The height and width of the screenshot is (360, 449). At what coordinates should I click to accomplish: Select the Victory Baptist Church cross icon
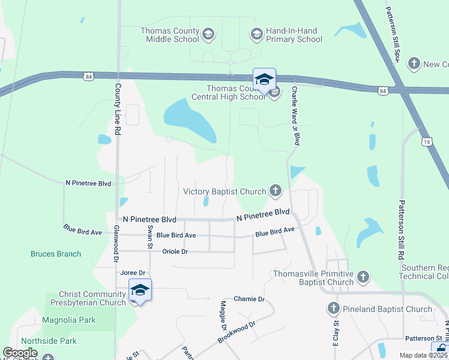[x=275, y=191]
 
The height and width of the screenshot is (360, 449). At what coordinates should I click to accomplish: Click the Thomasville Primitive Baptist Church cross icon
[x=363, y=277]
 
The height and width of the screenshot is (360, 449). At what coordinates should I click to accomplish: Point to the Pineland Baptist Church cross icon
[x=334, y=308]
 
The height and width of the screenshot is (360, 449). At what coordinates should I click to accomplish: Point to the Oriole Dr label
[x=175, y=251]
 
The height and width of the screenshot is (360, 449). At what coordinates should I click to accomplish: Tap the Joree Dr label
[x=133, y=273]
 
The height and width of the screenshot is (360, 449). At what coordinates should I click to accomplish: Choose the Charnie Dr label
[x=249, y=299]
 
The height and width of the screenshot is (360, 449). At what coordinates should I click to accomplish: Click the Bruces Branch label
[x=56, y=254]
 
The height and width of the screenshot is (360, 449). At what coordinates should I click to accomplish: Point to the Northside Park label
[x=56, y=341]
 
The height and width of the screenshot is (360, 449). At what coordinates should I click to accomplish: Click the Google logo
[x=20, y=353]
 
